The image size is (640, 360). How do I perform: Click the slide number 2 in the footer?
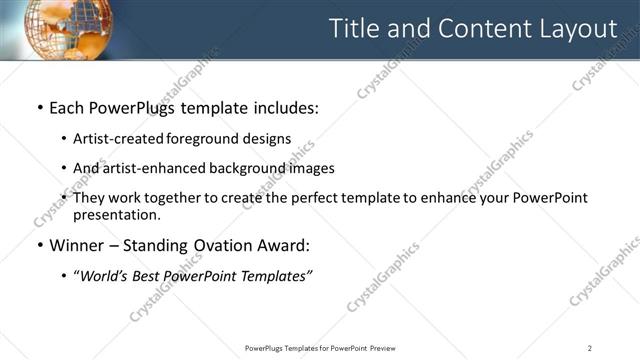590,347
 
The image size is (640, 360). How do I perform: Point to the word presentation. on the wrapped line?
116,215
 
